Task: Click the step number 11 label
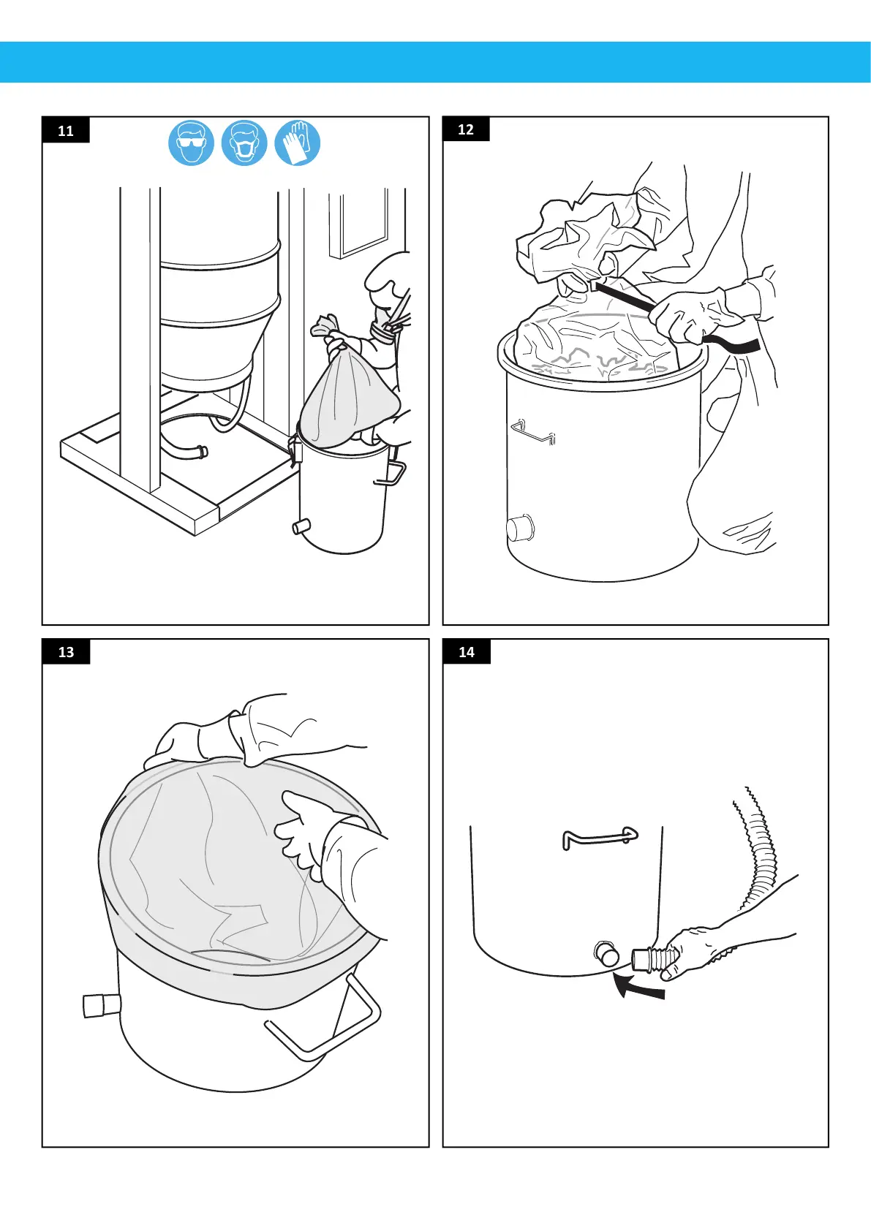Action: pos(65,130)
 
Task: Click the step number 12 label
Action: pos(466,129)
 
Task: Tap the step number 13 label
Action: pos(66,652)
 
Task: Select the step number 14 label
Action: pos(467,652)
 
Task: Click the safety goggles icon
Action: pos(191,143)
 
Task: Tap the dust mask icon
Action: pos(244,143)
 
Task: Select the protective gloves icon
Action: pos(298,143)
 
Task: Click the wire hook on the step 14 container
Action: pos(600,838)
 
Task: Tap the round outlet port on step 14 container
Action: pos(606,953)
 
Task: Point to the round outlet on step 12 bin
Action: pos(520,529)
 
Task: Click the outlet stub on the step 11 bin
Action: pos(301,527)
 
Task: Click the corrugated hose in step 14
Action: pos(761,846)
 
